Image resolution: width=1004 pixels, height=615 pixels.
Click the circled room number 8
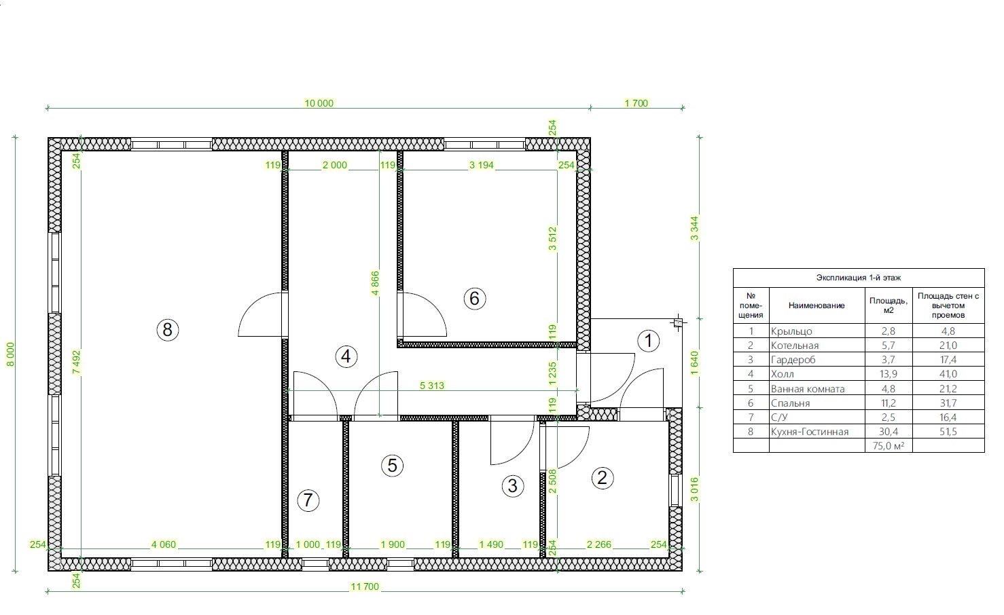click(x=168, y=330)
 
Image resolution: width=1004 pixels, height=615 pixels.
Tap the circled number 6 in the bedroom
click(x=475, y=298)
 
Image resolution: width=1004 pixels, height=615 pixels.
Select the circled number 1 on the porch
click(x=648, y=341)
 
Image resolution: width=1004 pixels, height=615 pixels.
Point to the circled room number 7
click(x=308, y=500)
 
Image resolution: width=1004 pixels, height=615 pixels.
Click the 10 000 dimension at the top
click(x=319, y=103)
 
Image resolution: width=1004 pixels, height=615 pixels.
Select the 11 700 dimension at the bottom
click(x=365, y=586)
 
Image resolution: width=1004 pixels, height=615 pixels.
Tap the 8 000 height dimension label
click(x=10, y=354)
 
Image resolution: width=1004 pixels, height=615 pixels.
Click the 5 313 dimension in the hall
click(x=432, y=386)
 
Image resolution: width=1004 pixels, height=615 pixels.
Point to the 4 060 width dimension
click(x=164, y=544)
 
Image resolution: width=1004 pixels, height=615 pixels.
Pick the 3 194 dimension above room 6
click(x=482, y=165)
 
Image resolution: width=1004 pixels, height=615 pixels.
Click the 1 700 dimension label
click(x=637, y=103)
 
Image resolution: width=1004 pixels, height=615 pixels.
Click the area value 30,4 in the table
click(x=889, y=432)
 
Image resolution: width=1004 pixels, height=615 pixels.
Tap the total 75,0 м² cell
click(x=889, y=446)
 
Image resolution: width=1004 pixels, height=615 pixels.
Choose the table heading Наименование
click(x=817, y=305)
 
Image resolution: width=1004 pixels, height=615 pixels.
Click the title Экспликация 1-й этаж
click(x=859, y=278)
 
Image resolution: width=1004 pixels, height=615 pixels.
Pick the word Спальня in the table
click(x=790, y=403)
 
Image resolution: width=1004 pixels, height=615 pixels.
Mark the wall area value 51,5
click(x=948, y=432)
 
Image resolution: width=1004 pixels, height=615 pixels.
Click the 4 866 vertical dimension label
click(x=375, y=283)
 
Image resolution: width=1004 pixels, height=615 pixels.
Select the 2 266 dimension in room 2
click(x=599, y=544)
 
